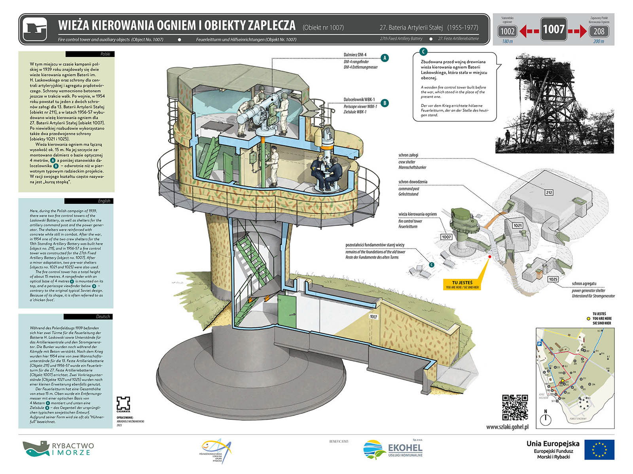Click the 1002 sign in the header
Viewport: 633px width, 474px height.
tap(507, 31)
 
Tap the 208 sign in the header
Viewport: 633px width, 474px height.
tap(599, 31)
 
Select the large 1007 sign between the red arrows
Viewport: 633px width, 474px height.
tap(553, 29)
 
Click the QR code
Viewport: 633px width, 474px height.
tap(515, 407)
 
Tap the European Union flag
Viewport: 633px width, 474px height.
tap(599, 450)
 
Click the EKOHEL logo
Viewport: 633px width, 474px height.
tap(393, 450)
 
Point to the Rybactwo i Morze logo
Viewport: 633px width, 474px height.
tap(58, 449)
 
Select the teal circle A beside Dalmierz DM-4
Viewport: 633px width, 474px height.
tap(385, 58)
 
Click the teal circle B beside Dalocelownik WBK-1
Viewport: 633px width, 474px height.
tap(385, 103)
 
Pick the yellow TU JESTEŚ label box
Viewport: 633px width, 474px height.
tap(462, 284)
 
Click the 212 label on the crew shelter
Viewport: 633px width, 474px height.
tap(549, 192)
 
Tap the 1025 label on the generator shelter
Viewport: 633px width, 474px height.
tap(553, 279)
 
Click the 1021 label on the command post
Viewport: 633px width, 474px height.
tap(517, 226)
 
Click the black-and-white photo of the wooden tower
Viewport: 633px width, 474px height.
tap(554, 104)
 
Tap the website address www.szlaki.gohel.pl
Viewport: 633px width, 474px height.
tap(507, 427)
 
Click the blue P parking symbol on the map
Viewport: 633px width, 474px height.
tap(539, 344)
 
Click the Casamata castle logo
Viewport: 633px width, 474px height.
tap(123, 403)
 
